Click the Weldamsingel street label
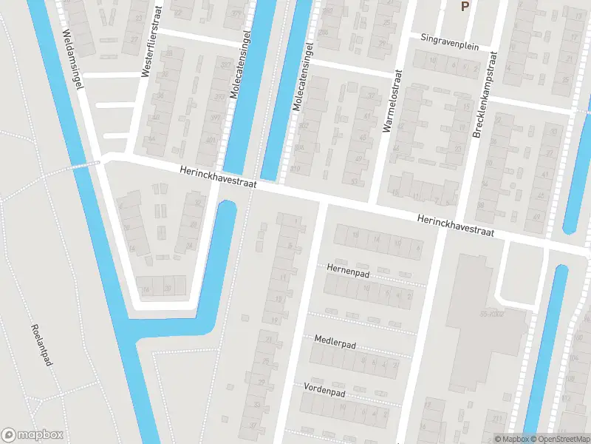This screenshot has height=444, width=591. click(x=72, y=60)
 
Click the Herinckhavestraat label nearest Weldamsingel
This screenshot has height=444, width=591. click(x=216, y=179)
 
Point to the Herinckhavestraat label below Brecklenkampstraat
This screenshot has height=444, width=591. click(x=454, y=226)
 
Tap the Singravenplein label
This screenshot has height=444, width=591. click(x=449, y=43)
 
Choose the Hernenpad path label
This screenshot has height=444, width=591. click(x=346, y=272)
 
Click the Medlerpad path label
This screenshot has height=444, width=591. click(x=335, y=342)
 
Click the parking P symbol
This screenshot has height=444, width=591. click(x=465, y=7)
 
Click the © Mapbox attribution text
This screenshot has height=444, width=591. click(x=512, y=439)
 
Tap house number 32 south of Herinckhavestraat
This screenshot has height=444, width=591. click(x=197, y=201)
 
